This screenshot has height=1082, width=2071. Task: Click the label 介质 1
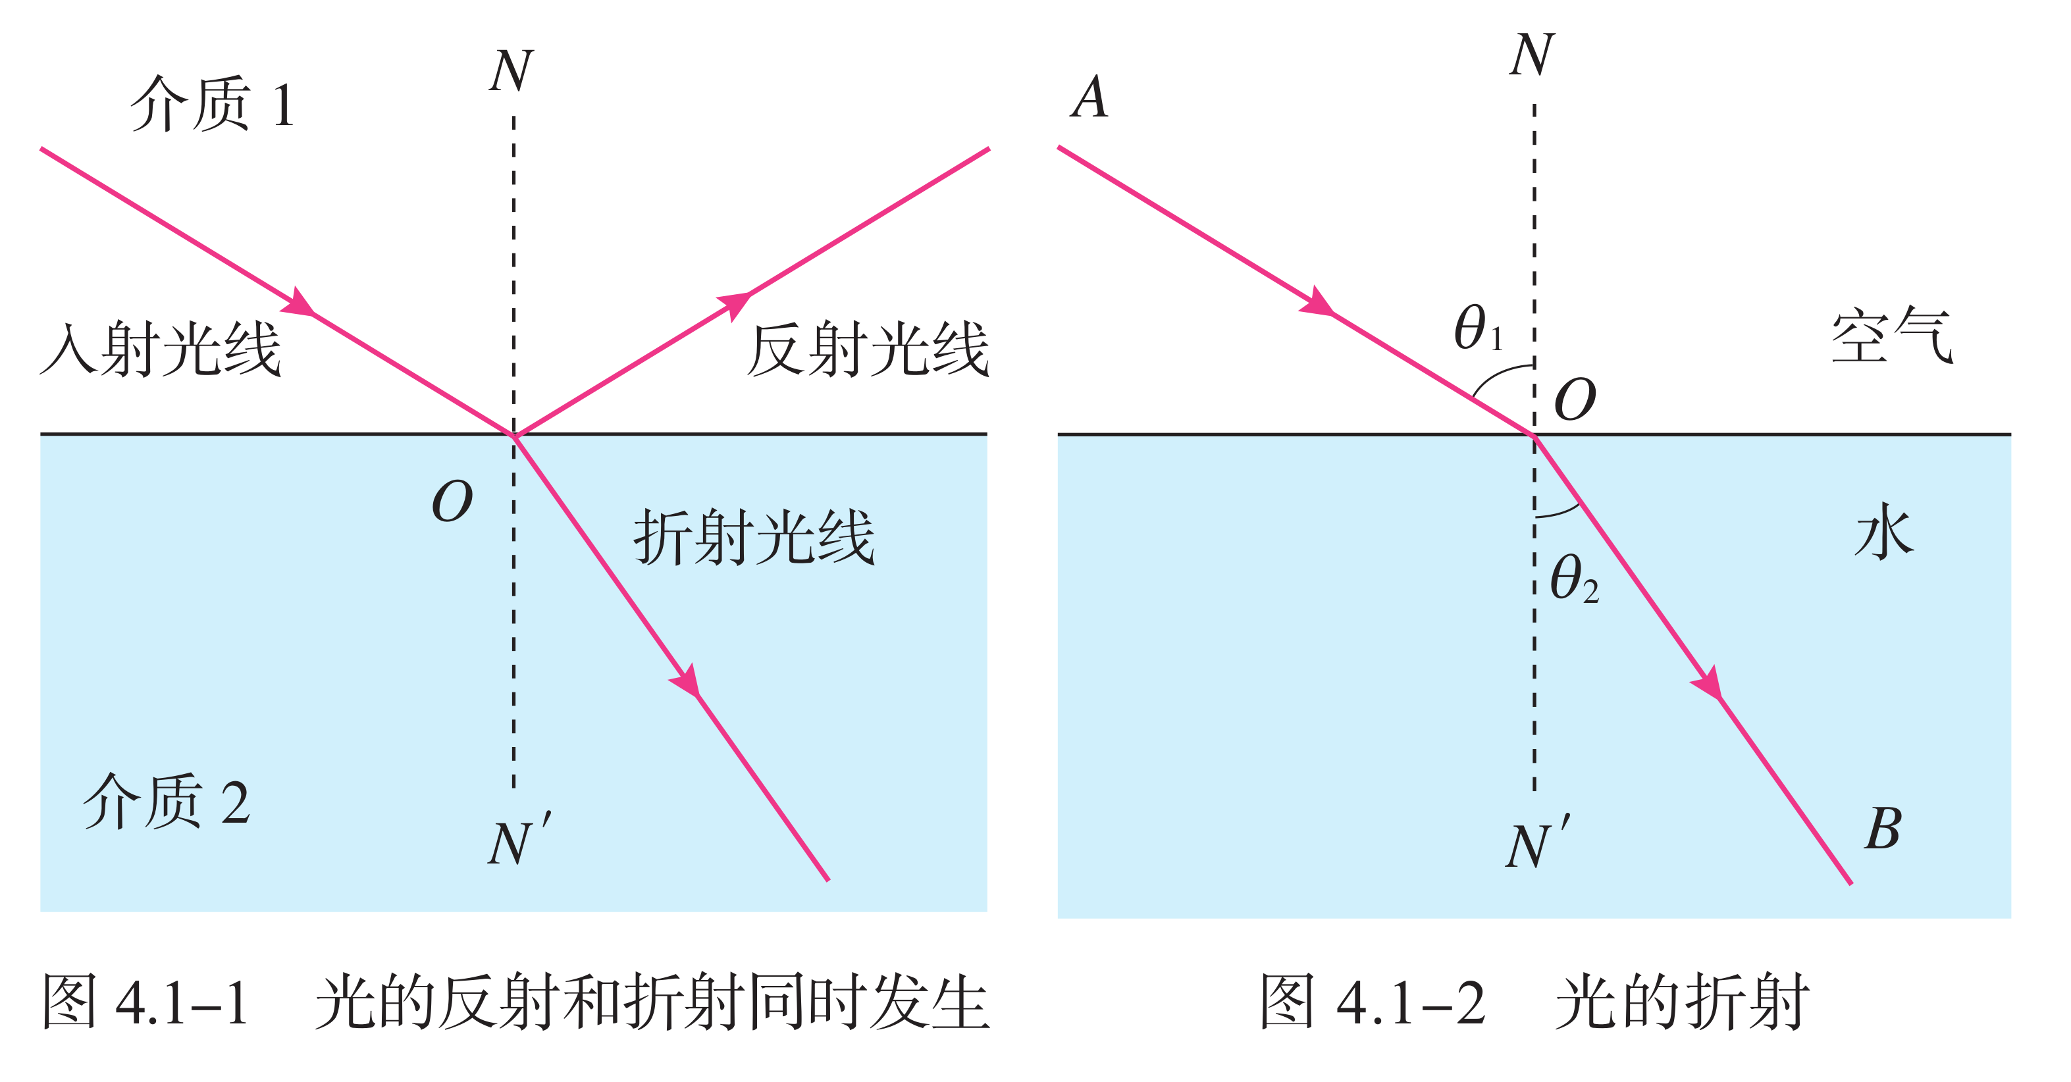coord(212,105)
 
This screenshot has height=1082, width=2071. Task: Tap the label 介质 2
coord(167,802)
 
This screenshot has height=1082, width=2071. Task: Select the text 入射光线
coord(161,349)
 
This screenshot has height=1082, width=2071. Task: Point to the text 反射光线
coord(868,349)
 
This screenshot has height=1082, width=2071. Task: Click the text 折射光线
coord(754,537)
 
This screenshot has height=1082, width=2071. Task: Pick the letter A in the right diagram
coord(1089,98)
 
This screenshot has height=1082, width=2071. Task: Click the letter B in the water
coord(1883,829)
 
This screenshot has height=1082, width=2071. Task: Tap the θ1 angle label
coord(1478,330)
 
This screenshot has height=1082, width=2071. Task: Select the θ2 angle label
coord(1573,579)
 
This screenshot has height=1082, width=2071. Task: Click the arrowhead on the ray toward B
coord(1708,684)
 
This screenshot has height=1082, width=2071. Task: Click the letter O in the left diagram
coord(452,502)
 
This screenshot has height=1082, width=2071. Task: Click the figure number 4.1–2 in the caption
coord(1411,1003)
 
